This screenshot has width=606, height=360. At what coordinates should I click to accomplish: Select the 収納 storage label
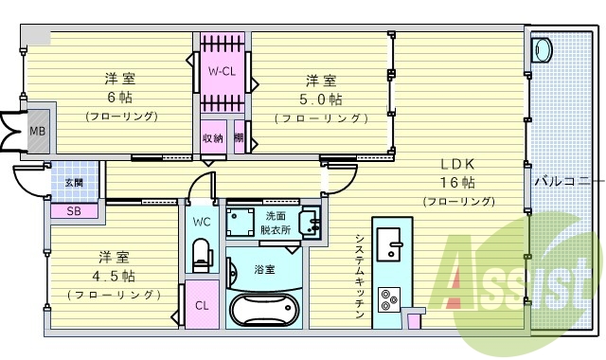coord(212,138)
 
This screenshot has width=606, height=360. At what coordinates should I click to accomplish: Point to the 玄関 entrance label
coord(74,181)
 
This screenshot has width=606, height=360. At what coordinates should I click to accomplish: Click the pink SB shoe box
coord(74,211)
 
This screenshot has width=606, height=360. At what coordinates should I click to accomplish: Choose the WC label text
coord(202,222)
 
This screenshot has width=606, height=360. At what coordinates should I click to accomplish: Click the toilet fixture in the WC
coord(201,254)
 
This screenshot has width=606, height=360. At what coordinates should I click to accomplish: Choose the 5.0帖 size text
coord(320,99)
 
